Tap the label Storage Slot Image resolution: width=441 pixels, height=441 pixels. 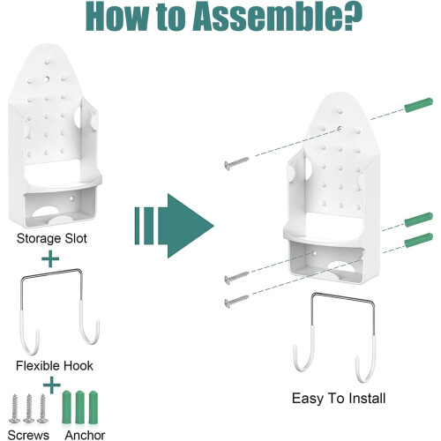[52, 238]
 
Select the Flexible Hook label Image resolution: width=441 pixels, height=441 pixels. [55, 366]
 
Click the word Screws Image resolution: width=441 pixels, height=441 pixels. [28, 435]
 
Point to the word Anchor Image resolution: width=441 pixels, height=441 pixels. [85, 435]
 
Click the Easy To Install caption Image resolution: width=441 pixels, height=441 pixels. [339, 399]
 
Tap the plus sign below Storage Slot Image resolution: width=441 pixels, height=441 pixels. [50, 258]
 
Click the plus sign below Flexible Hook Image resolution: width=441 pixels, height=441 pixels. [52, 385]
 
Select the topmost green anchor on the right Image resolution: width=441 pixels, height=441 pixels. [419, 105]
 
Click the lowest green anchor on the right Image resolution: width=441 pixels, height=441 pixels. [419, 240]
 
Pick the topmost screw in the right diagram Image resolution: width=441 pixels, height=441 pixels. [236, 163]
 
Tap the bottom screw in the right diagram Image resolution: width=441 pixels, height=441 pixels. [236, 301]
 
